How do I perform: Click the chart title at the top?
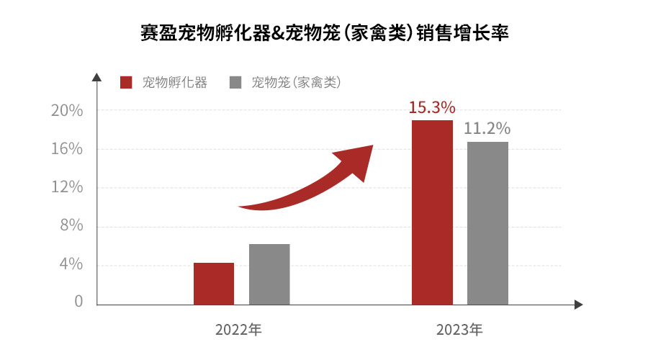324,33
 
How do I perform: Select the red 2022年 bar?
214,284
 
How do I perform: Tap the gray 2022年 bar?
269,274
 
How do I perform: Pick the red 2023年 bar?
432,212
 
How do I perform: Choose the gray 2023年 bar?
487,223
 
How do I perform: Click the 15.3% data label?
432,108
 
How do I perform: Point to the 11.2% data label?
487,129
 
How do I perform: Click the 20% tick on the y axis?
68,111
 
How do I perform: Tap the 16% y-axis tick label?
68,149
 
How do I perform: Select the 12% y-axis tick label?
68,187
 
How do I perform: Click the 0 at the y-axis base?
78,301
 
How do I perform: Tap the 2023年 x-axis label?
459,330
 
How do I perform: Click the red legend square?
127,82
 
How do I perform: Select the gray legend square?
235,82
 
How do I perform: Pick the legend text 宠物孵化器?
175,82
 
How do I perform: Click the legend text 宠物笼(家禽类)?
296,82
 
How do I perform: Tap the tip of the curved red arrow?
372,147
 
